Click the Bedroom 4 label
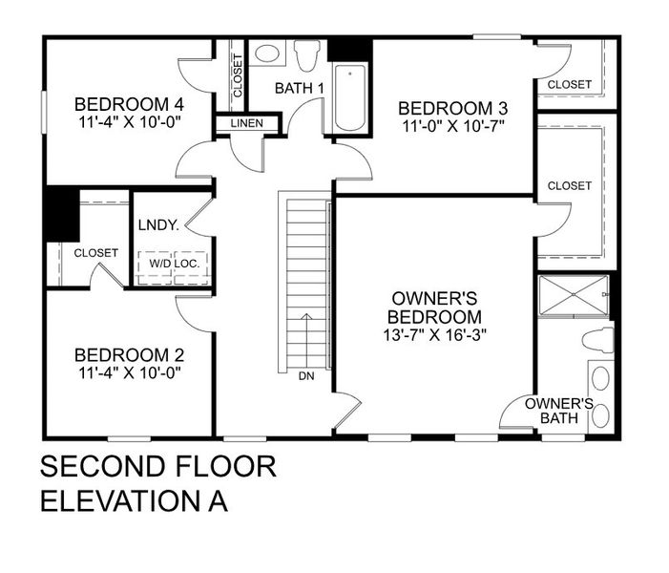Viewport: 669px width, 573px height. point(129,104)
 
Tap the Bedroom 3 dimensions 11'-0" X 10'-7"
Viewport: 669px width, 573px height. point(452,124)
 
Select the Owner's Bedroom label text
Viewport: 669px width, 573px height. point(434,308)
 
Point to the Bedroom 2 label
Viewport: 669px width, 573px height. point(129,355)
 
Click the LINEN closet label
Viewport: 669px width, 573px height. point(246,124)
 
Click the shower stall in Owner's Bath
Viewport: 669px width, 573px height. point(573,295)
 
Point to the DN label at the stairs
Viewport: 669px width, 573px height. point(306,376)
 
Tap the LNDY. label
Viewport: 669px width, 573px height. point(158,226)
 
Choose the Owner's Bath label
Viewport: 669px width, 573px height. point(559,411)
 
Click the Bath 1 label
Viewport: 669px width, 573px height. point(300,89)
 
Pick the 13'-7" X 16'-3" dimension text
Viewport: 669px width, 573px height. point(434,334)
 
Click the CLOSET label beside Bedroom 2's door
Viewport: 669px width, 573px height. point(96,253)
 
